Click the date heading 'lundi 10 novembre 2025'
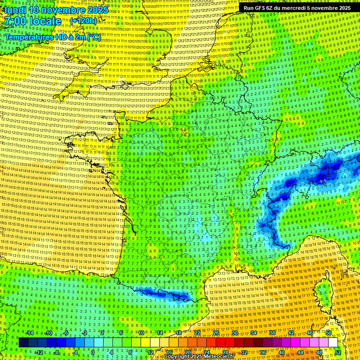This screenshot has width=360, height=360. (x=56, y=10)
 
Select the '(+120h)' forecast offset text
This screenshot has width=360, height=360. (x=83, y=21)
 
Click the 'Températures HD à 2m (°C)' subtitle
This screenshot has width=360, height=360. (x=52, y=37)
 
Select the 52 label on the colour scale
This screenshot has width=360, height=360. (x=338, y=352)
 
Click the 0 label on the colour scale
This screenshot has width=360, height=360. (x=93, y=352)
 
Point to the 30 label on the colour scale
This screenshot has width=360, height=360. (x=235, y=333)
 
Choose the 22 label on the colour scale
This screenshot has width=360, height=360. (x=197, y=333)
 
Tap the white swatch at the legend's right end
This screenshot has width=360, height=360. (x=333, y=343)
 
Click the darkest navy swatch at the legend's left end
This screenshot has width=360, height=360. (x=23, y=343)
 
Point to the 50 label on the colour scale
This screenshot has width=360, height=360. (x=329, y=333)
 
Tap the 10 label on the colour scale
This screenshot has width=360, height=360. (x=141, y=333)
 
